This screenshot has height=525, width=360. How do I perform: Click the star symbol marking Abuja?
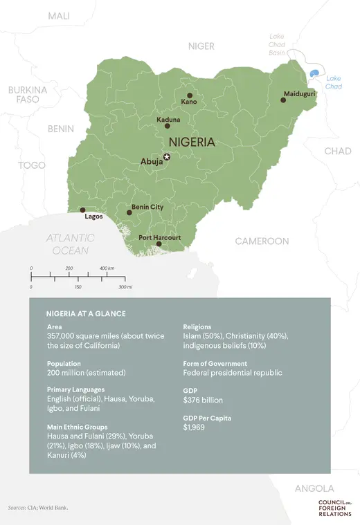[x=166, y=156]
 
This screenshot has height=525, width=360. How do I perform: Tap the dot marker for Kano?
[x=190, y=95]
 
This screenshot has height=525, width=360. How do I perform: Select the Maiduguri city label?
[x=300, y=93]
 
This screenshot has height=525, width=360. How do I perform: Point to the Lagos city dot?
[x=83, y=210]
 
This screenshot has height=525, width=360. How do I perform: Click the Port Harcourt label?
[x=159, y=237]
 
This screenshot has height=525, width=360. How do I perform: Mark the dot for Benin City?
[x=129, y=212]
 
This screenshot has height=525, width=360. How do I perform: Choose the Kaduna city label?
[x=168, y=119]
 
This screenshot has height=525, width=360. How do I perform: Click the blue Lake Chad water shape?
[x=315, y=73]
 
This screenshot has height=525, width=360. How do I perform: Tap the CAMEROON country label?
[x=262, y=241]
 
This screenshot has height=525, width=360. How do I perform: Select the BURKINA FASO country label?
[x=28, y=95]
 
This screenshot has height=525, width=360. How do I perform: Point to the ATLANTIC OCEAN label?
[x=71, y=244]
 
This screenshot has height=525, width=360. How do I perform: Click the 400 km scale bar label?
[x=107, y=268]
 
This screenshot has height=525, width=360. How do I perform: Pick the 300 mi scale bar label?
[x=125, y=286]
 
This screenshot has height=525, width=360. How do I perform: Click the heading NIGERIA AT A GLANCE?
[x=86, y=313]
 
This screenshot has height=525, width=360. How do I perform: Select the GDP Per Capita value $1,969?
[x=195, y=427]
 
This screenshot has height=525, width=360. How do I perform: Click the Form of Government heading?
[x=215, y=363]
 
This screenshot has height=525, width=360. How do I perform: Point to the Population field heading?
[x=64, y=363]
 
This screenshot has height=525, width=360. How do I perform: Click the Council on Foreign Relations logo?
[x=334, y=507]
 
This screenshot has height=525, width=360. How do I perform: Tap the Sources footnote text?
[x=38, y=507]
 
